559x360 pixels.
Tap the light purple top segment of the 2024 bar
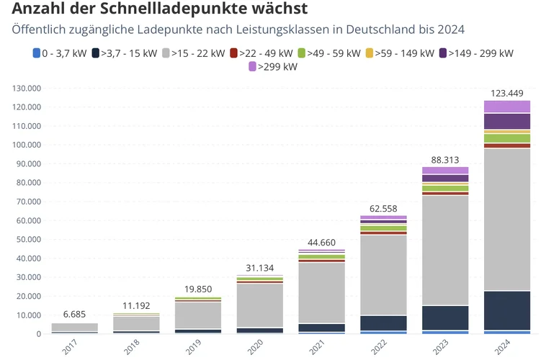[506, 107]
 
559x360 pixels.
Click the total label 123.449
[506, 94]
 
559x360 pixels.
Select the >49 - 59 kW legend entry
[333, 53]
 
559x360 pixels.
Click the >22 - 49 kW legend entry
[261, 53]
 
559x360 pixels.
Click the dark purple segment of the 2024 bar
[506, 121]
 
